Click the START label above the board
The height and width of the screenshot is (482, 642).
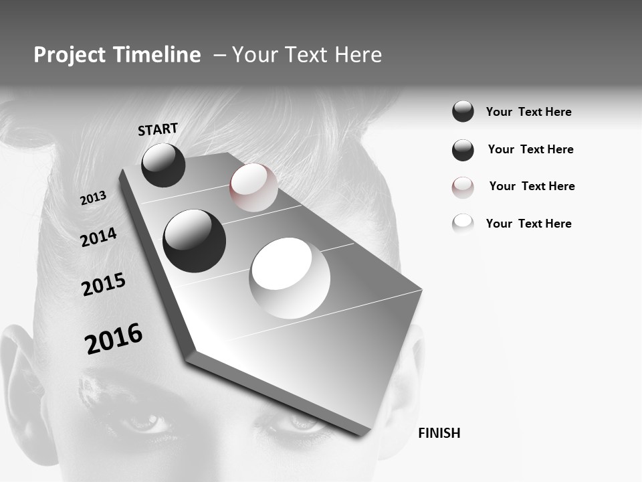pyautogui.click(x=158, y=129)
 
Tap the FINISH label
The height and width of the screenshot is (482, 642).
pyautogui.click(x=439, y=433)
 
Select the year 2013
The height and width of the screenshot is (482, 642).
pyautogui.click(x=93, y=198)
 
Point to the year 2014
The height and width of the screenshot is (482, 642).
pyautogui.click(x=98, y=237)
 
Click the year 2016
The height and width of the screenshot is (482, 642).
pyautogui.click(x=114, y=338)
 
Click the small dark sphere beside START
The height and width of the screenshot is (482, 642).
pyautogui.click(x=163, y=165)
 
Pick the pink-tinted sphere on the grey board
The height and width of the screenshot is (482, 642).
pyautogui.click(x=253, y=187)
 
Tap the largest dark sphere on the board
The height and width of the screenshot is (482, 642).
pyautogui.click(x=194, y=240)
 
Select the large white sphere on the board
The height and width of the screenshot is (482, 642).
pyautogui.click(x=290, y=277)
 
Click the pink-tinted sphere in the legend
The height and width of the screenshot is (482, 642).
pyautogui.click(x=463, y=187)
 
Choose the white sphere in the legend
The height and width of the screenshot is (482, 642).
pyautogui.click(x=463, y=224)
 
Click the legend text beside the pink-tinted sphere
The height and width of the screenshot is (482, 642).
pyautogui.click(x=532, y=186)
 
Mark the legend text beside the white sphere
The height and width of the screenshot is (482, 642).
pyautogui.click(x=528, y=224)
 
